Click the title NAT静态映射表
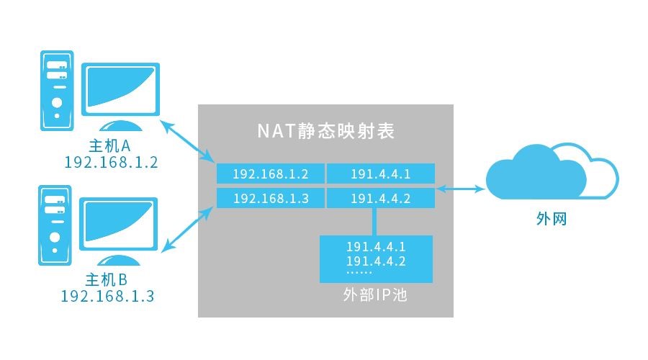point(325,132)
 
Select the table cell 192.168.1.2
point(271,174)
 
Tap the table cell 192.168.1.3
point(271,198)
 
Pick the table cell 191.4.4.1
point(381,174)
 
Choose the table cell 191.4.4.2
point(381,198)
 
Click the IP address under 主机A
point(111,163)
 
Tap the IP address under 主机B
point(107,295)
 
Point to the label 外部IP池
point(375,295)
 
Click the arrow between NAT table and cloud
point(459,189)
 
